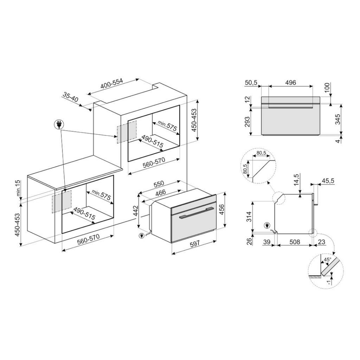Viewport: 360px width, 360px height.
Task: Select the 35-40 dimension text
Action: point(70,97)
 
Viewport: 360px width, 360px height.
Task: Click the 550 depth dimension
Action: point(159,184)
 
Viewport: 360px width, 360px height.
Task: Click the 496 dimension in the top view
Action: point(290,83)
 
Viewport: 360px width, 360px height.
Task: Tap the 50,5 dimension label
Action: point(251,83)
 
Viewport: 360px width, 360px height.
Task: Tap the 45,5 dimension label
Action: point(327,181)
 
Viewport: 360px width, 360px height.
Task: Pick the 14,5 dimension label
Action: point(297,180)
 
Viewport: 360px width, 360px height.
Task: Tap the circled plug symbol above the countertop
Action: point(58,124)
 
